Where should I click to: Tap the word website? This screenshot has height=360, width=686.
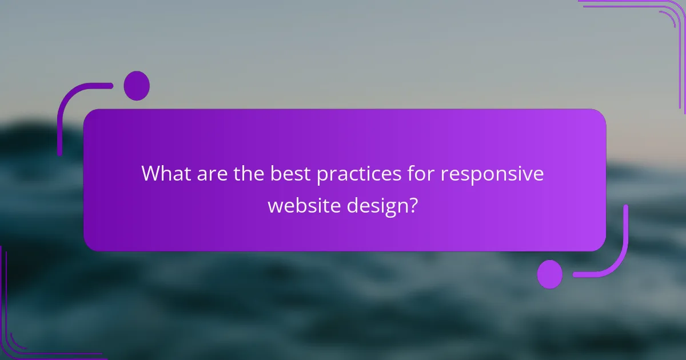[303, 205]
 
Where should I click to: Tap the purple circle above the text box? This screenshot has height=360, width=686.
[137, 86]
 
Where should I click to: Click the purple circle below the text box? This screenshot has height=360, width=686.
[550, 274]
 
